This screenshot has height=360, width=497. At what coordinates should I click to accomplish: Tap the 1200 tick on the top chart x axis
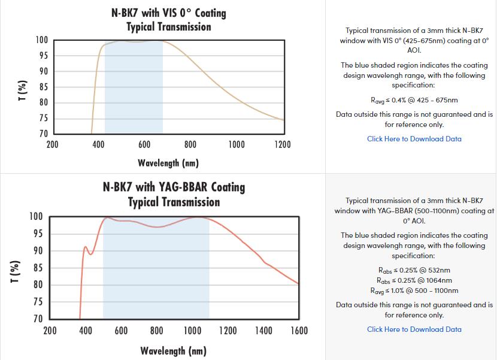pyautogui.click(x=282, y=144)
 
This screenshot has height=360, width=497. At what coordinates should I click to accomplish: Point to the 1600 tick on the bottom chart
pyautogui.click(x=299, y=331)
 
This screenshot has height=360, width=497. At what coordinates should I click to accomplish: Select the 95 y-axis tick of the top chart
pyautogui.click(x=41, y=56)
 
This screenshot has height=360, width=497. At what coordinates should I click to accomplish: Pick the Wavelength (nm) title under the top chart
pyautogui.click(x=168, y=163)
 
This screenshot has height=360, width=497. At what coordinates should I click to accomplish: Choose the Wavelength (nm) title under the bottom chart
pyautogui.click(x=174, y=350)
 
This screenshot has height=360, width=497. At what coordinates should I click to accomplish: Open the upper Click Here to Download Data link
pyautogui.click(x=414, y=139)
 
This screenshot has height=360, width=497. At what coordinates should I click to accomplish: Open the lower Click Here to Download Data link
pyautogui.click(x=414, y=329)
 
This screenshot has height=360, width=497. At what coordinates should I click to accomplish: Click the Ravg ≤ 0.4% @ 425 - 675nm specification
pyautogui.click(x=414, y=100)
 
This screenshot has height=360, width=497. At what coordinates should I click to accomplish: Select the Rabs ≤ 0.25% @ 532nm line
pyautogui.click(x=414, y=270)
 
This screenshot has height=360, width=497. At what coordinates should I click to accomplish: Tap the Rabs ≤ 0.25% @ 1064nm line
pyautogui.click(x=414, y=280)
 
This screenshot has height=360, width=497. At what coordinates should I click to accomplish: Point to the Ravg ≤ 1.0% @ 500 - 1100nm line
pyautogui.click(x=414, y=291)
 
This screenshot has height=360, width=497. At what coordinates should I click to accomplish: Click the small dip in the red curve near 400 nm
pyautogui.click(x=91, y=254)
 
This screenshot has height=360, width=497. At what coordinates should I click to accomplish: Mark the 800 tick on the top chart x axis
pyautogui.click(x=190, y=144)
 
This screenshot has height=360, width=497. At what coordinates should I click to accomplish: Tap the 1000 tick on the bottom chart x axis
pyautogui.click(x=192, y=331)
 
